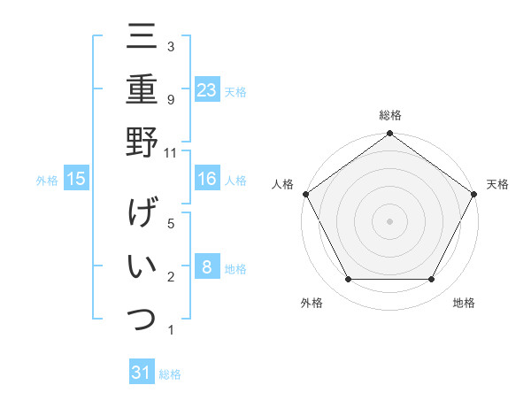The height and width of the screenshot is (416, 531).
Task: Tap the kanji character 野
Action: [142, 143]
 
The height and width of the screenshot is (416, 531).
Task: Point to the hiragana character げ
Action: [142, 213]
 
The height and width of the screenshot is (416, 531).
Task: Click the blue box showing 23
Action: [207, 90]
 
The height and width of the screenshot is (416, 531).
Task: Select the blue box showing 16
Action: [207, 180]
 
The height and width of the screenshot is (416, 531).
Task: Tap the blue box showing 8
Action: [206, 267]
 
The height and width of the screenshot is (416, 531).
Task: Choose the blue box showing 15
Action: [76, 180]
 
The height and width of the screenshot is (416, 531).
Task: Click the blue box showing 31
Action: [142, 373]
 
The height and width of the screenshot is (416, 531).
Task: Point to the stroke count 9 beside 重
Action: [170, 99]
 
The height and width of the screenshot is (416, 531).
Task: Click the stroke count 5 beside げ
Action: [170, 224]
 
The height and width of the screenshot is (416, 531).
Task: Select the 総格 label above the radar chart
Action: [390, 116]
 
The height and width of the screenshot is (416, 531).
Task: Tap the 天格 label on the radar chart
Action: [497, 184]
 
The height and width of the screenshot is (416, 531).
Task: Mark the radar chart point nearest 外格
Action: [348, 280]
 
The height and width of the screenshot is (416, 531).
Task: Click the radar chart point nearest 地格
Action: [432, 280]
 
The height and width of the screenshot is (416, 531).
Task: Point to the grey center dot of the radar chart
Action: [390, 220]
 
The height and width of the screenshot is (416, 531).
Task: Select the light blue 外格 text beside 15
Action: [47, 181]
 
